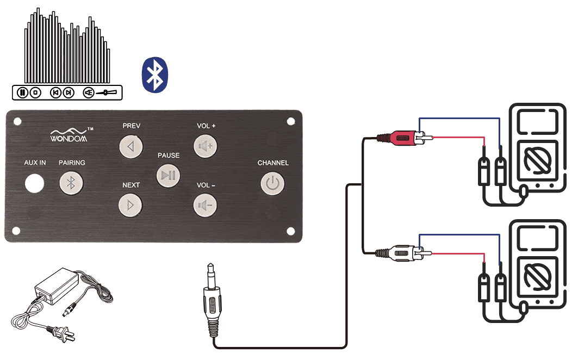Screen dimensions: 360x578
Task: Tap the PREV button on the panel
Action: click(130, 147)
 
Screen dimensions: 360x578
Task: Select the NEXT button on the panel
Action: click(130, 205)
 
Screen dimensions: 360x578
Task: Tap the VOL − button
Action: click(205, 206)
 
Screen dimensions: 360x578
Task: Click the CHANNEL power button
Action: click(272, 183)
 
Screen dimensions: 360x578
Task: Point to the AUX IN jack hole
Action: click(34, 183)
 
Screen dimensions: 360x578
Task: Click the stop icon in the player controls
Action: click(35, 92)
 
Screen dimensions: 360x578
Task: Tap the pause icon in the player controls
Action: click(22, 92)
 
